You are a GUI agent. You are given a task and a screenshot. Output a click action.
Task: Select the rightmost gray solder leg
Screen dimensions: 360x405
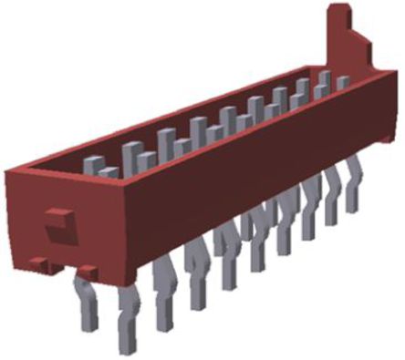pyautogui.click(x=351, y=187)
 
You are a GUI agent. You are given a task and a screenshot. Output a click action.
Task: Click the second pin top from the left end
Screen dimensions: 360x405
pyautogui.click(x=109, y=170)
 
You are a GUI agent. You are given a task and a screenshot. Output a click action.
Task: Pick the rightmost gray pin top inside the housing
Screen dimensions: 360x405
pyautogui.click(x=342, y=83)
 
